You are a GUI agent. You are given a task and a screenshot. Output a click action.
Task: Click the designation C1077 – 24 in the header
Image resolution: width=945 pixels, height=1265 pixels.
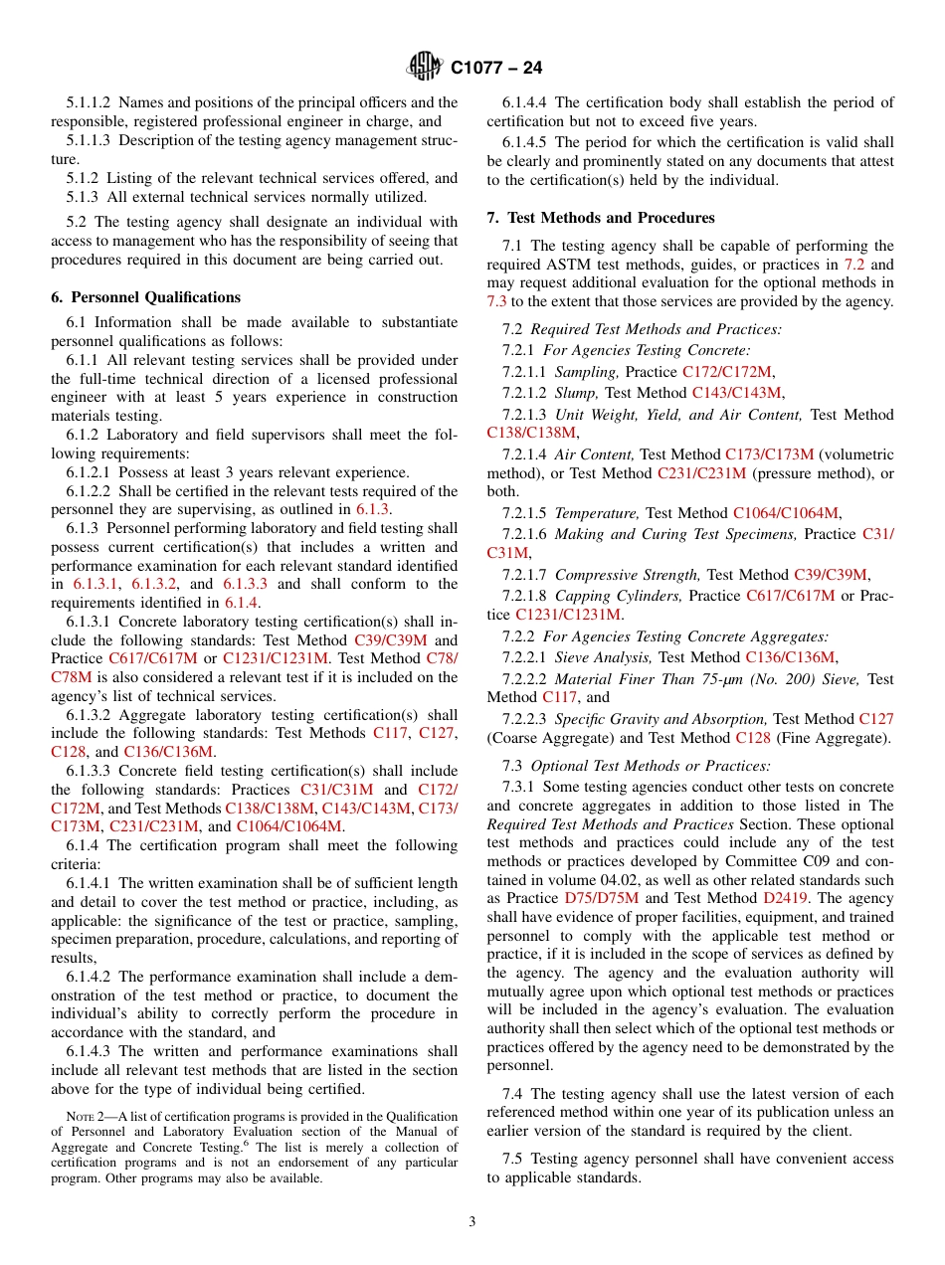496,69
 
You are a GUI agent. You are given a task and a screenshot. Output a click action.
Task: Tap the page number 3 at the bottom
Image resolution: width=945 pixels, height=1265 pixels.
472,1222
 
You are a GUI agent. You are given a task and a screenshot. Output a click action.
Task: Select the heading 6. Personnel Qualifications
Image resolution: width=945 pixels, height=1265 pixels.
145,297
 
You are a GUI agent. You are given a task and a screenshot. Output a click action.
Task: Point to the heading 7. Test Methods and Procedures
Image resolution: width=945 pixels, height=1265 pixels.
601,218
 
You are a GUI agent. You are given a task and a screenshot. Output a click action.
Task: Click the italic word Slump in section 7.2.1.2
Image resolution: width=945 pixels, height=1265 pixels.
577,394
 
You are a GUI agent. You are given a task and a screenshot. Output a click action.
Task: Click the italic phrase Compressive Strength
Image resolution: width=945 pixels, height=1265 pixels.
628,575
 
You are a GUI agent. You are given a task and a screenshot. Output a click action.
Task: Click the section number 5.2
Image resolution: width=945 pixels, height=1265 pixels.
78,222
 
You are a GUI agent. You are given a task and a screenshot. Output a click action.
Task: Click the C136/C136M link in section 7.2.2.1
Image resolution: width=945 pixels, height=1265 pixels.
791,657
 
